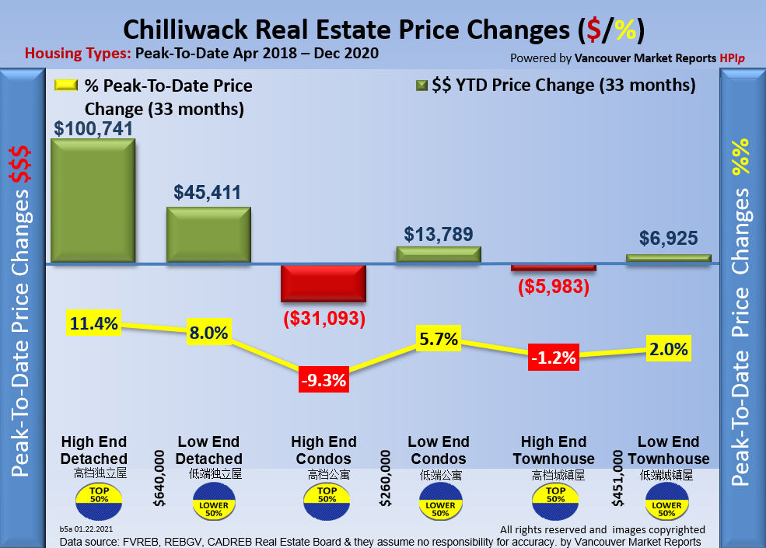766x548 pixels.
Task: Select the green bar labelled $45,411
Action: [208, 235]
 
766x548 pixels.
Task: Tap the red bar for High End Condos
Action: [323, 283]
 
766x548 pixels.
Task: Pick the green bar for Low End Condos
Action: [439, 254]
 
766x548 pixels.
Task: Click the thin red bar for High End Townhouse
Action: [554, 267]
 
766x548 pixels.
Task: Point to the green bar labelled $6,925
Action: [669, 258]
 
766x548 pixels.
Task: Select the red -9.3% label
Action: [322, 381]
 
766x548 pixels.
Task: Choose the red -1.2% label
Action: [553, 358]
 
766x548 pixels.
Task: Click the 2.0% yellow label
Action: [668, 349]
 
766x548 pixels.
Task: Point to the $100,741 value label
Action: [93, 128]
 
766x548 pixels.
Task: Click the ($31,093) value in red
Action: [322, 318]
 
